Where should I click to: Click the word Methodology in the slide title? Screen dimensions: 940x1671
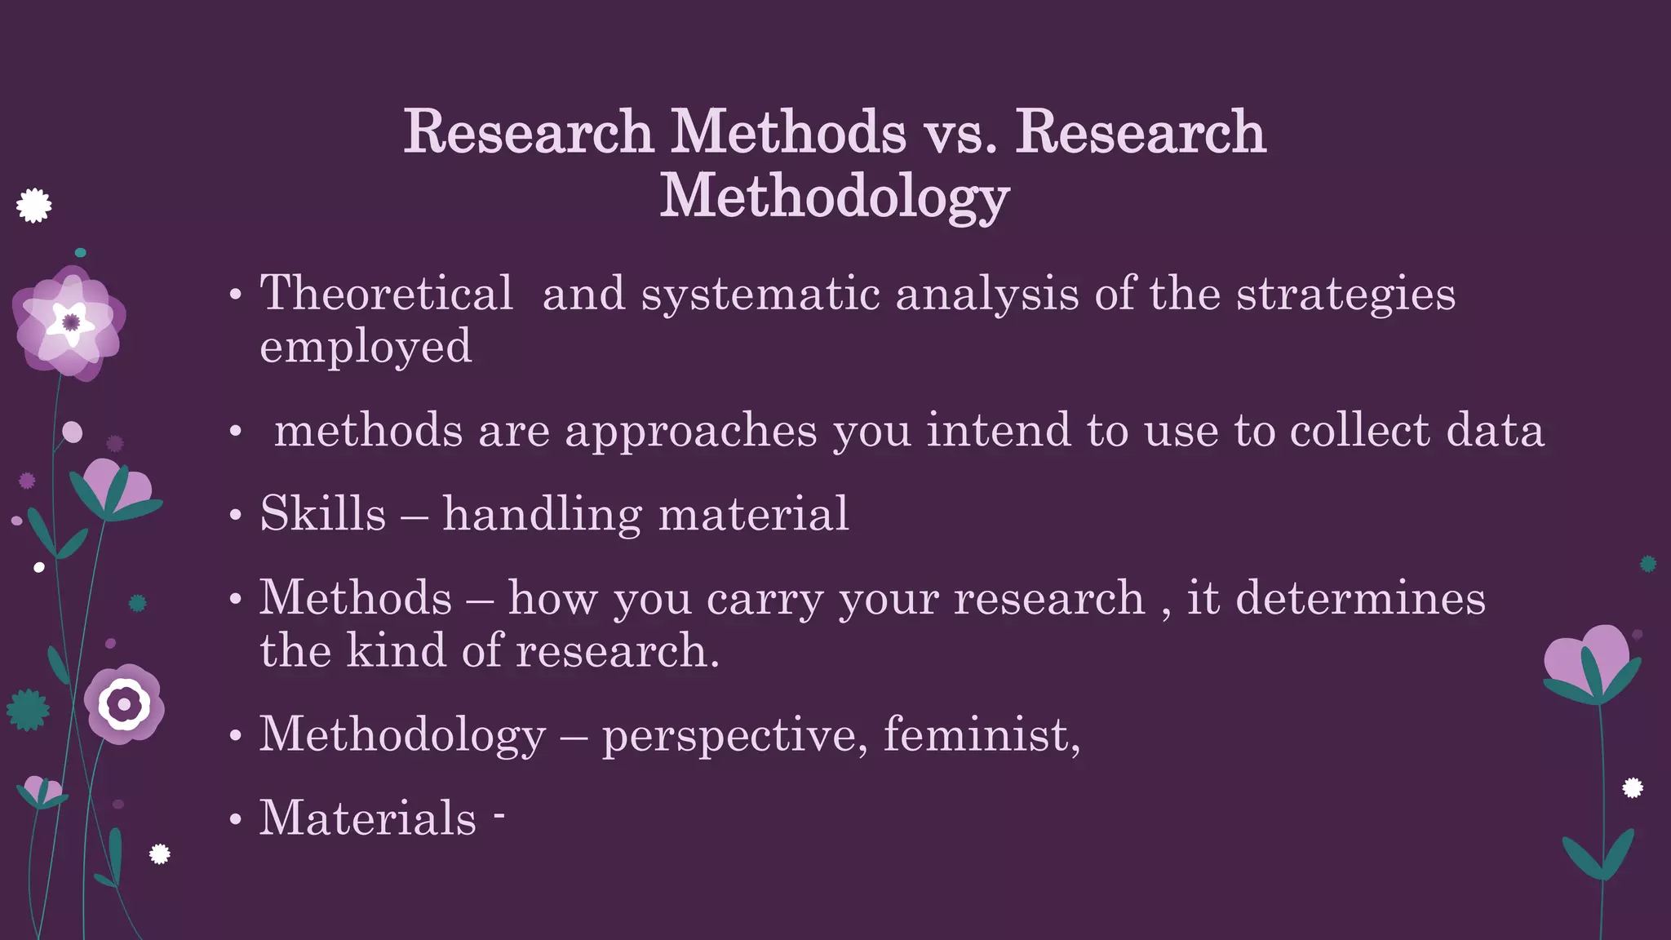tap(834, 197)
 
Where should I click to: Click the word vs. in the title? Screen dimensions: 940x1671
tap(960, 132)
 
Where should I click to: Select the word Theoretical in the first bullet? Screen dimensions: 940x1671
tap(386, 293)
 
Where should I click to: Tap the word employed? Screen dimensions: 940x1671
tap(366, 347)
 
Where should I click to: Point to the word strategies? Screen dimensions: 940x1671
tap(1345, 295)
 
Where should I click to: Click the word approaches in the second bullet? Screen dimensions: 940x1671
tap(690, 432)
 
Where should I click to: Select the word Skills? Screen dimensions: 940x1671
tap(322, 514)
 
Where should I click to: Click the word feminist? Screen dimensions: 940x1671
tap(981, 734)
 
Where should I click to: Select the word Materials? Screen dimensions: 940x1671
tap(367, 818)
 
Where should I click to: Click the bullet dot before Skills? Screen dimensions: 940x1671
tap(236, 516)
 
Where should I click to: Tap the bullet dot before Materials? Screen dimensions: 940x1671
tap(236, 819)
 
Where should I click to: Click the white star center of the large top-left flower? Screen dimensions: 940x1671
tap(70, 322)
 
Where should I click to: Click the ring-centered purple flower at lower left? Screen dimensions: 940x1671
tap(124, 703)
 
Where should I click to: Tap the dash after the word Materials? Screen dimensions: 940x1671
tap(499, 812)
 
